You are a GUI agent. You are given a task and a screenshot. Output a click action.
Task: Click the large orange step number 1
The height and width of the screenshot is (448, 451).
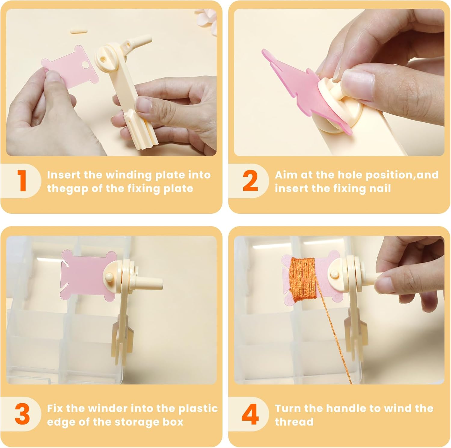tap(22, 180)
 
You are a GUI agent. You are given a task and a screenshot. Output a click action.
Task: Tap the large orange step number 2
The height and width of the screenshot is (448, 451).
tap(250, 180)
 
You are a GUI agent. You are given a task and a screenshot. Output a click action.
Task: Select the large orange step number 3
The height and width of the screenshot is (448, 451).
tap(22, 414)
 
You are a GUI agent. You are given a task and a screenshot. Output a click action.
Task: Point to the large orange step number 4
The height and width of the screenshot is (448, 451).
tap(250, 414)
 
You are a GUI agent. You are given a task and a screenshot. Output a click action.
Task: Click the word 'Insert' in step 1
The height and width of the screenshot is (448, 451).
tap(64, 175)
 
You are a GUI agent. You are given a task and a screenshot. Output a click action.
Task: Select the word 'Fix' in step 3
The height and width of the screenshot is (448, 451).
tap(55, 408)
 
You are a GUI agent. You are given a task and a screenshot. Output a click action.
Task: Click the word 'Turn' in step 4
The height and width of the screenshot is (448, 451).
tap(288, 408)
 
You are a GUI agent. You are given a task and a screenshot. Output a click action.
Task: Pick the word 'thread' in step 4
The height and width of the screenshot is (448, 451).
tap(294, 422)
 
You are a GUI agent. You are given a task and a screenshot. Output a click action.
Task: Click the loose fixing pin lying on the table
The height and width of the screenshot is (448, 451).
tap(78, 30)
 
